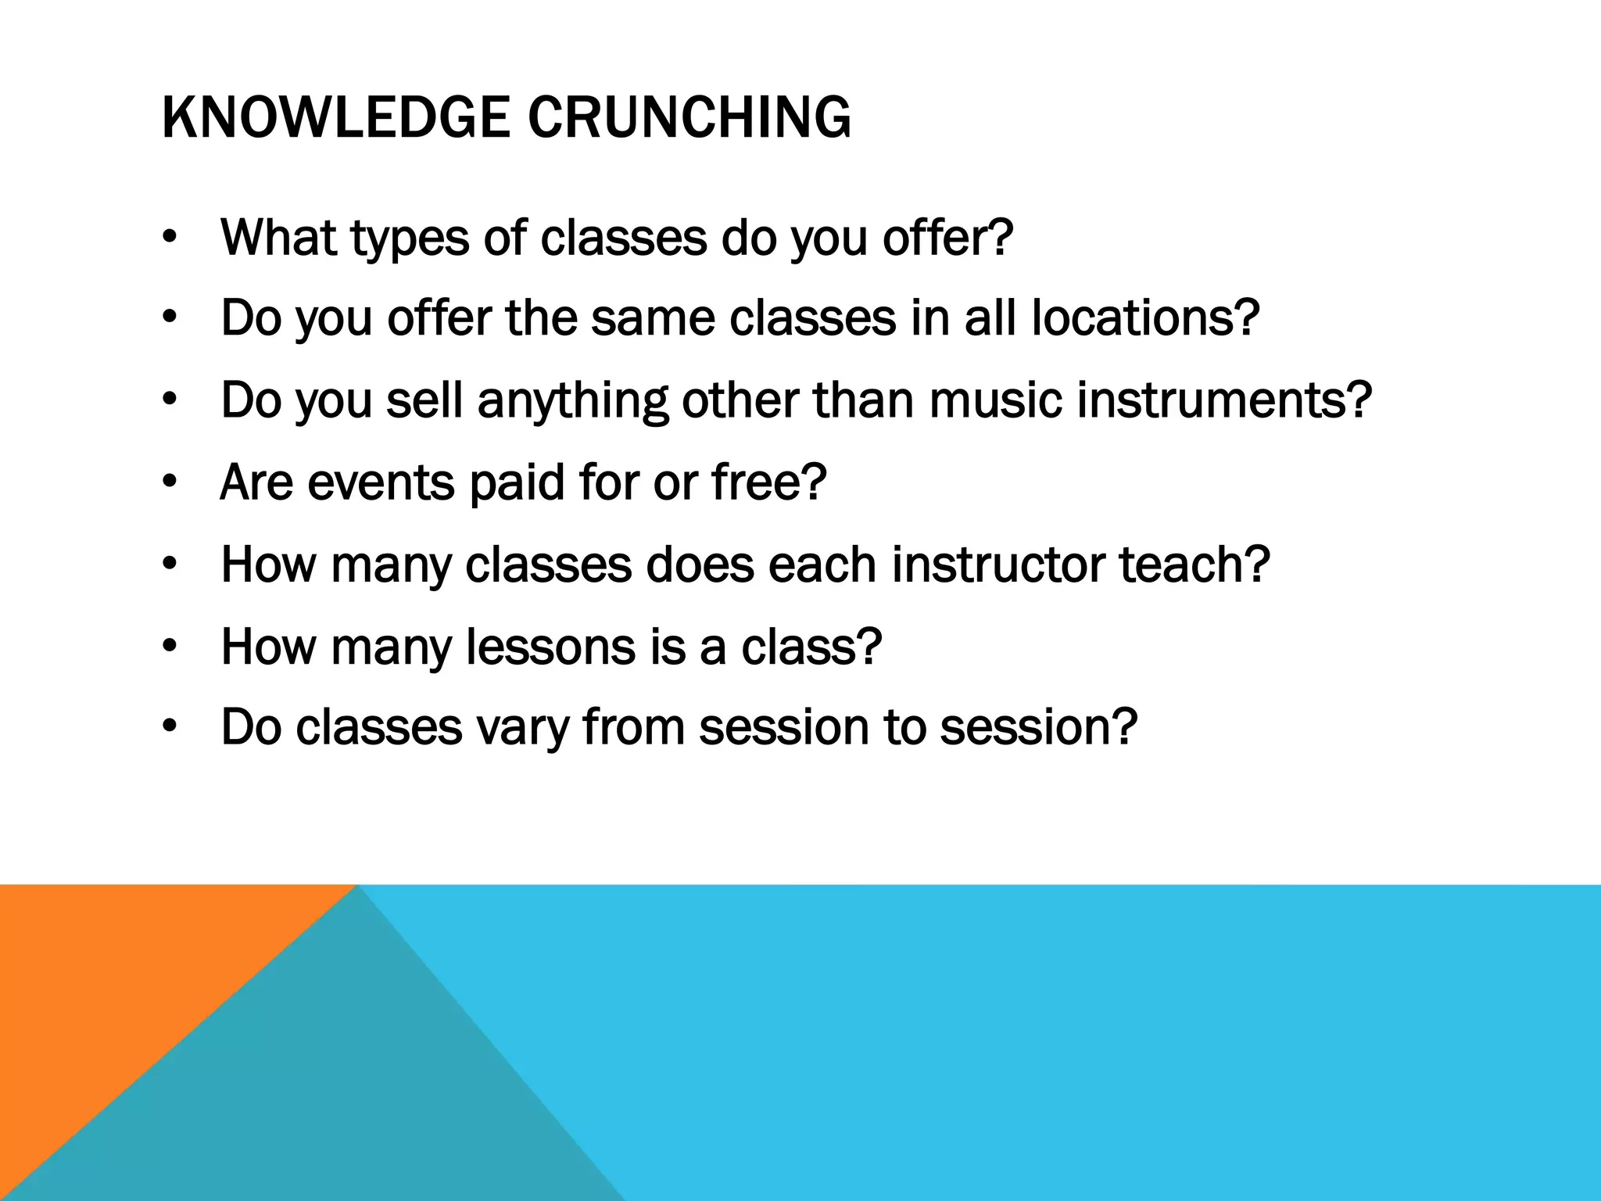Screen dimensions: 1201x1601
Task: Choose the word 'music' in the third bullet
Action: coord(995,400)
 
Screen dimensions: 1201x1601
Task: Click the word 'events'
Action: coord(380,482)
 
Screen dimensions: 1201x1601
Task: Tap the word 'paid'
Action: coord(516,482)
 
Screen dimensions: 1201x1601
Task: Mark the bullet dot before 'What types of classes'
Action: coord(170,238)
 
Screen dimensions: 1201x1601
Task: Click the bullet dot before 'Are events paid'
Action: coord(170,482)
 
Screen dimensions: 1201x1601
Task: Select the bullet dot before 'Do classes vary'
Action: coord(170,728)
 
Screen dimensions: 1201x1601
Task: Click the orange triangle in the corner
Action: coord(94,985)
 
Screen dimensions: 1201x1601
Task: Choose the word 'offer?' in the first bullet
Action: coord(947,238)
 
